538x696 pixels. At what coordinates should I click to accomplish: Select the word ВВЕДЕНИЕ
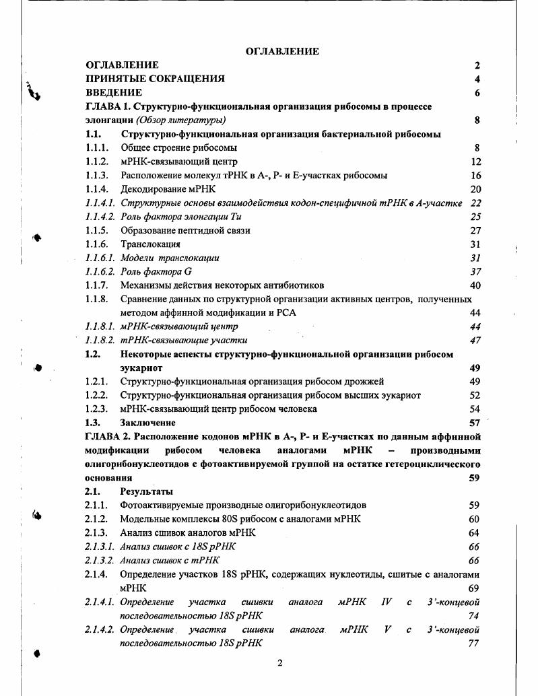[x=114, y=93]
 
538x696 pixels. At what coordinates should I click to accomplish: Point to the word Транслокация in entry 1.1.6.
[x=150, y=244]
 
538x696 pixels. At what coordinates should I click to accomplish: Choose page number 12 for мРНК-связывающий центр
[x=475, y=162]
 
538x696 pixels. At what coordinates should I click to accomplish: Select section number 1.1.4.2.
[x=100, y=217]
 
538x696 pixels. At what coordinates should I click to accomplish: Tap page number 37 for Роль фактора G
[x=475, y=272]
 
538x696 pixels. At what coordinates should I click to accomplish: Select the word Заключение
[x=147, y=423]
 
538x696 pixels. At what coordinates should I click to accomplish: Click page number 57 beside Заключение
[x=475, y=423]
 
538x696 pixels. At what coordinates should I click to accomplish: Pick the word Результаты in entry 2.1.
[x=146, y=491]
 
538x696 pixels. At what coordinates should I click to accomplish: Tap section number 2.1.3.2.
[x=100, y=560]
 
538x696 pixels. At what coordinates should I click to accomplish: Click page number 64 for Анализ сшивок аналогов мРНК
[x=475, y=532]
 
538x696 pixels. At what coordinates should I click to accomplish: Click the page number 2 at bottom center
[x=281, y=663]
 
